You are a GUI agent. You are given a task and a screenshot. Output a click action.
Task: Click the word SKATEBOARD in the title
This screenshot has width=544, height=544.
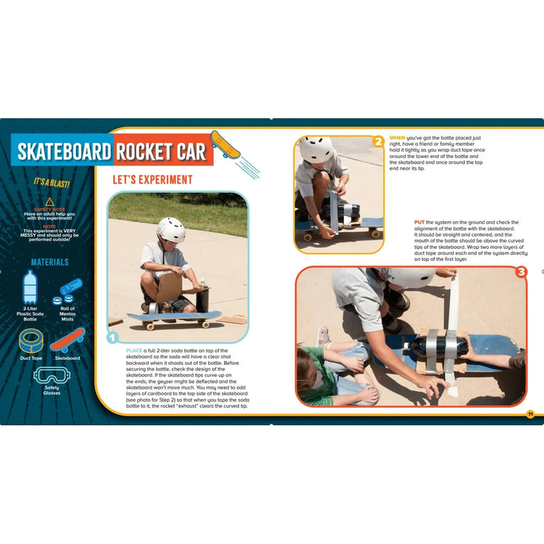click(65, 152)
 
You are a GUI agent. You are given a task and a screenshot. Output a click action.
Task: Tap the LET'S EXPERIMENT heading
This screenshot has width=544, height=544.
click(152, 179)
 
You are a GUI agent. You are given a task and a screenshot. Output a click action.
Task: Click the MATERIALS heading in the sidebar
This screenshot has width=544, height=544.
click(50, 262)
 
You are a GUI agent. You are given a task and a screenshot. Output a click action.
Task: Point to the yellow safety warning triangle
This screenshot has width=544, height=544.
click(49, 201)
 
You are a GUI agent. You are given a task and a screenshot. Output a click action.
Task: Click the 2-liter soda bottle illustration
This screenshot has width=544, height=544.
click(30, 287)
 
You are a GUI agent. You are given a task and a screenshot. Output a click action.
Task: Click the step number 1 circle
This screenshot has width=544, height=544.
click(112, 337)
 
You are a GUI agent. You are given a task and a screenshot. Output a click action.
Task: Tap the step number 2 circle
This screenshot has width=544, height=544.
click(378, 141)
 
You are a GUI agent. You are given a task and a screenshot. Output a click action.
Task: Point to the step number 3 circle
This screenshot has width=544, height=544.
click(521, 273)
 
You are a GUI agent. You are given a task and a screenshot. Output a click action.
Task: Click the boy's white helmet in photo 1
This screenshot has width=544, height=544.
click(171, 229)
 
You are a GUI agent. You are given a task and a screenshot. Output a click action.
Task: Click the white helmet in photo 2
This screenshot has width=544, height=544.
click(316, 149)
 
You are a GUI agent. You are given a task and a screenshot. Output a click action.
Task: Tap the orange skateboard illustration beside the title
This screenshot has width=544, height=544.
click(225, 144)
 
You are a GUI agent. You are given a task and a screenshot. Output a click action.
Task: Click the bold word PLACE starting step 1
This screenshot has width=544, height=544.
click(134, 350)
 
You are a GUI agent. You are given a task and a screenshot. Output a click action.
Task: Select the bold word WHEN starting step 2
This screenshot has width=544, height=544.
click(397, 137)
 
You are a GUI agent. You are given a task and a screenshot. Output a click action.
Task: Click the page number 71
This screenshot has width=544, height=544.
click(530, 414)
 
